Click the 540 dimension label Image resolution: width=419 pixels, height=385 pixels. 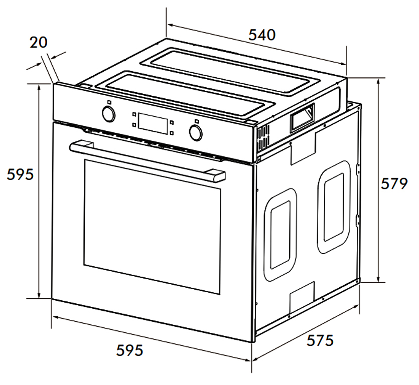click(262, 35)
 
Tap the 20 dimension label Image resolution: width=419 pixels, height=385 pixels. click(39, 43)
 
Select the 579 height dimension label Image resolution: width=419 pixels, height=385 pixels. click(394, 183)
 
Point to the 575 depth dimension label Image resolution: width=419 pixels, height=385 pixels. click(320, 340)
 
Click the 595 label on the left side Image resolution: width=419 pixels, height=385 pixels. click(20, 174)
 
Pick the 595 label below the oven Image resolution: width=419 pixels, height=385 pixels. click(129, 350)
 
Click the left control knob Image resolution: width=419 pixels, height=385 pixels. click(109, 114)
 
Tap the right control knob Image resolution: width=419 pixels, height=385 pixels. click(196, 132)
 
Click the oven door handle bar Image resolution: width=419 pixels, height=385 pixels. click(147, 161)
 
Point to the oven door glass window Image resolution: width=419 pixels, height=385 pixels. click(153, 227)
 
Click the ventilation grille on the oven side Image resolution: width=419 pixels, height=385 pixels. click(263, 139)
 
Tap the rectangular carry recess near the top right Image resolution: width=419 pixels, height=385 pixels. click(303, 118)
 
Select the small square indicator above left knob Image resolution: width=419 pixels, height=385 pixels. click(109, 102)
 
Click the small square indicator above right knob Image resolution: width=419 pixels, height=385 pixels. click(197, 121)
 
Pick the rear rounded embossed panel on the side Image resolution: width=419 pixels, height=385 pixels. click(334, 207)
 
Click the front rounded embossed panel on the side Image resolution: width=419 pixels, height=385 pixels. click(281, 235)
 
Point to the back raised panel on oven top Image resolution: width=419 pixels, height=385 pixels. click(230, 72)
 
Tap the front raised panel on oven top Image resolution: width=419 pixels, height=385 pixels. click(186, 95)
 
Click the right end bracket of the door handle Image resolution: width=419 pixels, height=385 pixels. click(215, 176)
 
